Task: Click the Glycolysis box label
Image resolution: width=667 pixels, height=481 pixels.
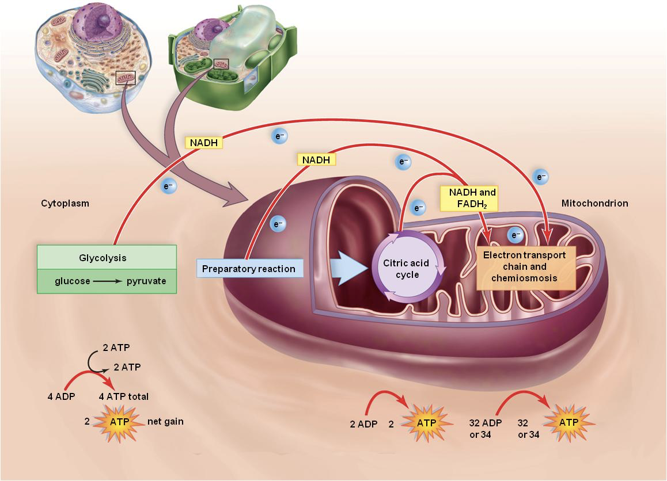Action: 106,257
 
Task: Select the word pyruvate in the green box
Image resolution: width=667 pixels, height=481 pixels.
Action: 146,281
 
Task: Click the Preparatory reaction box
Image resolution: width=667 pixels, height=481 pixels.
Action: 249,269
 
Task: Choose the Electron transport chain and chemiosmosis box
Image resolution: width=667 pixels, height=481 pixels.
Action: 524,266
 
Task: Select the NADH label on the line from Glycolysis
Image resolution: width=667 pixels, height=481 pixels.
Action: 203,142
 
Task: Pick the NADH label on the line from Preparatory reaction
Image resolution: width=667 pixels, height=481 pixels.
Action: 315,159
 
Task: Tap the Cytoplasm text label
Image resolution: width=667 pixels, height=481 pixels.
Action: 65,204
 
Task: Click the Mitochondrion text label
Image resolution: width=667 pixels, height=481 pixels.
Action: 595,204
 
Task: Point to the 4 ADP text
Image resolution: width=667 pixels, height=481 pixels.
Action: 61,396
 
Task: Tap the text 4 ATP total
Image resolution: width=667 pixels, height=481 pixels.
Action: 123,396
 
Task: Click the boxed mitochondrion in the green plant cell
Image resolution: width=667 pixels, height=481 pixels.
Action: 221,64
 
